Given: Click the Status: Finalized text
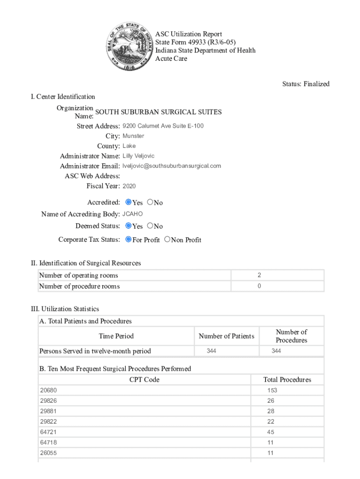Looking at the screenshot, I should (306, 84).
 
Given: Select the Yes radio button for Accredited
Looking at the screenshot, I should (129, 202).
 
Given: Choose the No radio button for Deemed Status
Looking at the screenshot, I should (150, 225).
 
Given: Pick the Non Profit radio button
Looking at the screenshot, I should (167, 239).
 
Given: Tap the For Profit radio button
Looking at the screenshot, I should (129, 239).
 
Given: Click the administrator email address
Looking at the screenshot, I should (172, 166).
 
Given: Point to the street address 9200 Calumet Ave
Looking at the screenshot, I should (163, 126).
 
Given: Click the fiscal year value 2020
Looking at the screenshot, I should (129, 186).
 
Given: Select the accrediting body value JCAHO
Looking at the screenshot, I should (132, 214).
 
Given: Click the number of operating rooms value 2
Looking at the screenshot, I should (259, 276).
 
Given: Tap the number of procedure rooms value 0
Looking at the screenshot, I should (259, 286).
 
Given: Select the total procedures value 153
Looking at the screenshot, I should (272, 390).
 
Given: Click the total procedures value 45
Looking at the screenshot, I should (271, 432).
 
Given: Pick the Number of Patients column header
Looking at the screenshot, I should (226, 336).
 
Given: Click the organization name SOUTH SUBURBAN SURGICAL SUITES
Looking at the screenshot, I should (158, 112).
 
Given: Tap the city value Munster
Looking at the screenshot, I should (133, 136).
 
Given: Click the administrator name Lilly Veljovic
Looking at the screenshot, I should (138, 156).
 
